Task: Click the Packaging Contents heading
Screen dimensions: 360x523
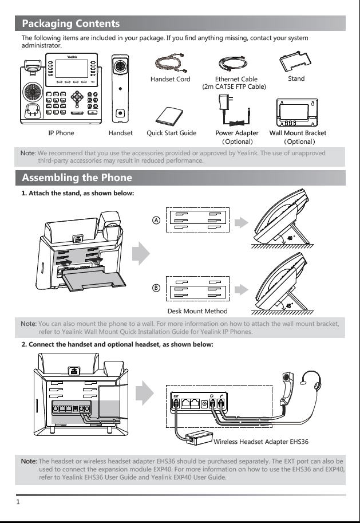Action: tap(70, 23)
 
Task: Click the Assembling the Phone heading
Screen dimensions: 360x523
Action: tap(77, 178)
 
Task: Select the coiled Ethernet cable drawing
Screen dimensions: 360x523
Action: tap(234, 63)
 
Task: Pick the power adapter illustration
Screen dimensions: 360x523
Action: tap(234, 110)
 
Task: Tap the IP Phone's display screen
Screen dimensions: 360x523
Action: tap(72, 69)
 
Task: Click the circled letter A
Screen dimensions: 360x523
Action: tap(156, 220)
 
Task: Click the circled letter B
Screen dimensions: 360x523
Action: tap(156, 288)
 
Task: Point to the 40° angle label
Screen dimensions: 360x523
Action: tap(291, 238)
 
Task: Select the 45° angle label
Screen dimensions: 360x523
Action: tap(290, 305)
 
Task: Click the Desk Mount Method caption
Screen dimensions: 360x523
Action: tap(197, 311)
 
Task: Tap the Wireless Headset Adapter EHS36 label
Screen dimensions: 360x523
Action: tap(261, 442)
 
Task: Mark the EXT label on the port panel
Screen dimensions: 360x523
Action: tap(176, 396)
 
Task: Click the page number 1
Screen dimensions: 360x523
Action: tap(18, 502)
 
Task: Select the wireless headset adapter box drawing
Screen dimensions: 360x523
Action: tap(199, 438)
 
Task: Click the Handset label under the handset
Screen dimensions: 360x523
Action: tap(120, 133)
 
